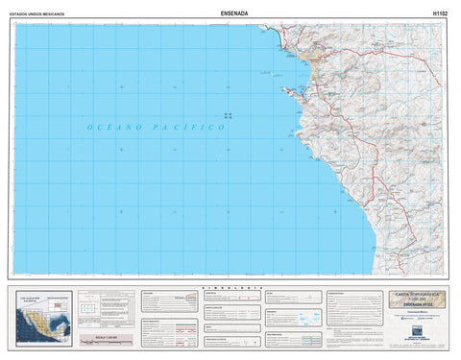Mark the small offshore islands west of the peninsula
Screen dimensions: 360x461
228,115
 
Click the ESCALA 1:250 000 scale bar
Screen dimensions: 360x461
105,338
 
